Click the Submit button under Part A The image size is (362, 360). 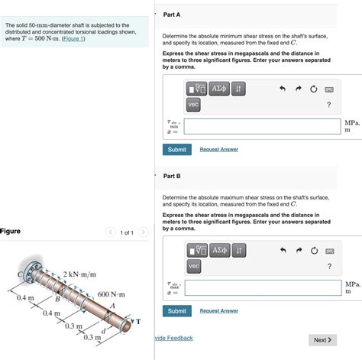[177, 150]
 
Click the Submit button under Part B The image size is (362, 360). [177, 311]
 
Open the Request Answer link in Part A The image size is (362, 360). [219, 149]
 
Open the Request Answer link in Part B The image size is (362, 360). [219, 310]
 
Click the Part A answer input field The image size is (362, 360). [263, 126]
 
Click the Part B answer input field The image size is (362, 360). [263, 288]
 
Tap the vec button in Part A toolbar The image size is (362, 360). [193, 105]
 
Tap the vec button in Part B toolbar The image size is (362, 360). [194, 266]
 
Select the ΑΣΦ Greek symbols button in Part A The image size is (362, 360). [219, 89]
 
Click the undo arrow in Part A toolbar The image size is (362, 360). [283, 89]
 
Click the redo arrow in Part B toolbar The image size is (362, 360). [299, 250]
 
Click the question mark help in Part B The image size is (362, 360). [329, 266]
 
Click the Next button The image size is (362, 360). [322, 340]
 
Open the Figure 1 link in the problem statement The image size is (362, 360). [73, 39]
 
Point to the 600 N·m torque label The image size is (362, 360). [112, 294]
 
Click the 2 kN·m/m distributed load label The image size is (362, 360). [79, 274]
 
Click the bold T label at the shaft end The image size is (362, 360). [138, 322]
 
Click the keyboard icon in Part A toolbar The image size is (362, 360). [329, 89]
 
